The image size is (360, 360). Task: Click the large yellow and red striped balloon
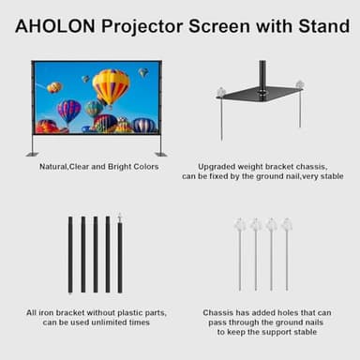click(111, 86)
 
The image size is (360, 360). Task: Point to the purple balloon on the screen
click(68, 111)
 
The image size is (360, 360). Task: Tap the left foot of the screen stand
click(33, 153)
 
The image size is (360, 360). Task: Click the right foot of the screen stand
click(160, 153)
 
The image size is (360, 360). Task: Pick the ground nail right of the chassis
click(300, 105)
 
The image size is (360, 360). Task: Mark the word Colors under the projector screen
click(142, 167)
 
